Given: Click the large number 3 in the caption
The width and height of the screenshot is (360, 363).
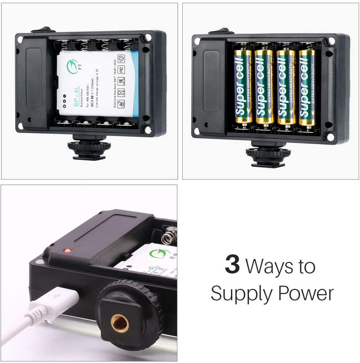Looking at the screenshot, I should [x=232, y=266].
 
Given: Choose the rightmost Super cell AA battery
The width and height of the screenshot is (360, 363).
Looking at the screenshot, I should [x=307, y=86].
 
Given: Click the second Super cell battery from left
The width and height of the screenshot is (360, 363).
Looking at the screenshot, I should [x=264, y=86].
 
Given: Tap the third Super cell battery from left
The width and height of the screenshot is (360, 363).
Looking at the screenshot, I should [x=286, y=86].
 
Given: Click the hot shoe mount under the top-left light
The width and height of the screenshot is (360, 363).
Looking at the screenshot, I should [x=87, y=149].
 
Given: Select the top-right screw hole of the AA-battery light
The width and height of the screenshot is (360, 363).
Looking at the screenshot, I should [x=331, y=41].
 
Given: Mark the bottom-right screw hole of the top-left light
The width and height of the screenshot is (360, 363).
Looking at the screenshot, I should [x=147, y=131].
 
